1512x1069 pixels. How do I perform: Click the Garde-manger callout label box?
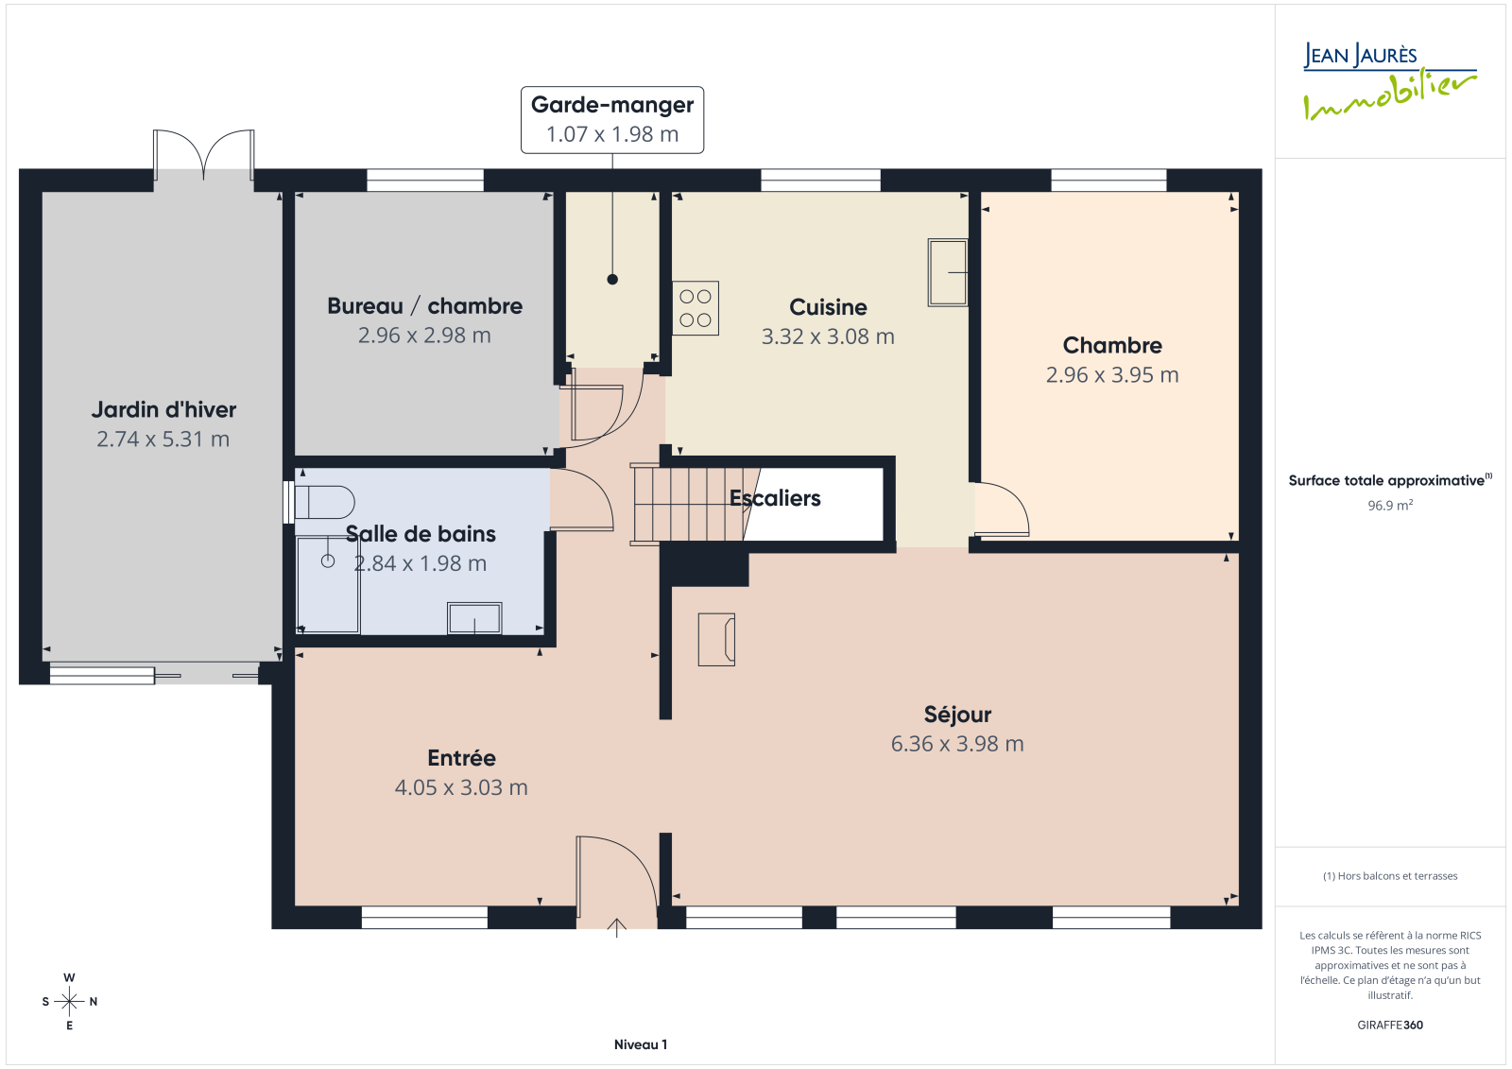coord(612,119)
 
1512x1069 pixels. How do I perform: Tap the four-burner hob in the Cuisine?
coord(696,308)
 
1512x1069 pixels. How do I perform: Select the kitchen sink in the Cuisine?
coord(948,272)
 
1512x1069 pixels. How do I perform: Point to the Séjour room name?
coord(957,714)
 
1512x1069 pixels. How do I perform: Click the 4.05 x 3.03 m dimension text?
coord(461,787)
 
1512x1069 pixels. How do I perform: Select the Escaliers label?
coord(775,498)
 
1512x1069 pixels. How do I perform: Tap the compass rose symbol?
coord(70,1001)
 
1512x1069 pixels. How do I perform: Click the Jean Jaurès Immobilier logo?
coord(1389,81)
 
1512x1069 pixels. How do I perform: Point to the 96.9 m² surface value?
coord(1390,505)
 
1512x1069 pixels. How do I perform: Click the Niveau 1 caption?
coord(641,1044)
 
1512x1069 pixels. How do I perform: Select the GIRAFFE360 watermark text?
coord(1390,1025)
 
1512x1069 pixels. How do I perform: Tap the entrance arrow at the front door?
coord(616,928)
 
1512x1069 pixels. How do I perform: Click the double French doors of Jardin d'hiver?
coord(204,155)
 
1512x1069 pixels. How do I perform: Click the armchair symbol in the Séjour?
coord(716,640)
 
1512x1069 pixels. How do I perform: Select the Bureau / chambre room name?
coord(424,306)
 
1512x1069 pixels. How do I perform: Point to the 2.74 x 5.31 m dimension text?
coord(163,439)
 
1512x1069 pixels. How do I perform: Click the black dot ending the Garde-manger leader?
coord(612,279)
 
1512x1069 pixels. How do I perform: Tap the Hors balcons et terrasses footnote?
coord(1390,876)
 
